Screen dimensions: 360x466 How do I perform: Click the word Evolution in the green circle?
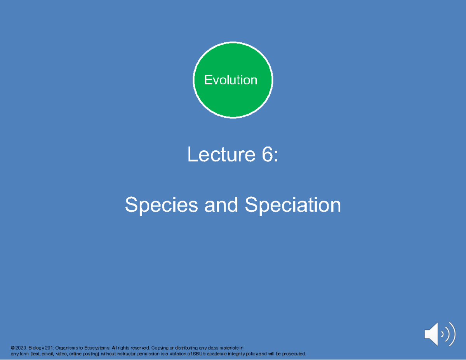pos(231,80)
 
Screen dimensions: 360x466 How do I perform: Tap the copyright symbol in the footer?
pos(12,348)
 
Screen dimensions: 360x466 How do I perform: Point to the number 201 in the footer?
pos(49,348)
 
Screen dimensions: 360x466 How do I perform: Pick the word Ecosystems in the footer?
pos(96,348)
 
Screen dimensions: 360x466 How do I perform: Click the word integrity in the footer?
pos(236,354)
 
